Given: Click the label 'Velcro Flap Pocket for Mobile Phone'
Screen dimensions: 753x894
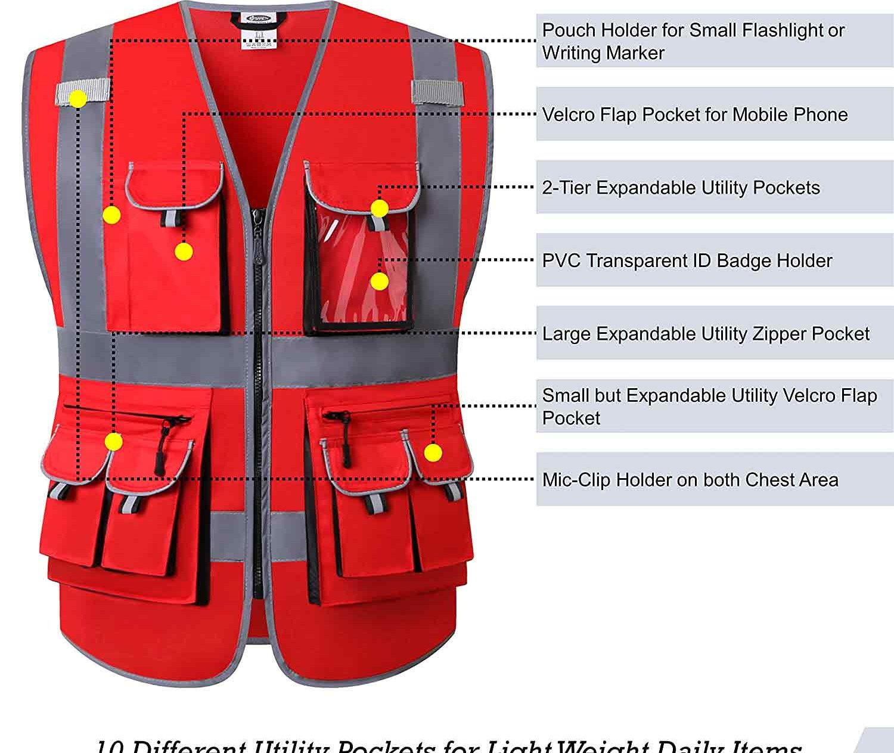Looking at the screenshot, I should [x=694, y=114].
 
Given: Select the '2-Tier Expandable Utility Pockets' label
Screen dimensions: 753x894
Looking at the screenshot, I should [x=681, y=188].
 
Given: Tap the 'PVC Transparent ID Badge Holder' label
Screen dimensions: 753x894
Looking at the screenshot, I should [x=687, y=261].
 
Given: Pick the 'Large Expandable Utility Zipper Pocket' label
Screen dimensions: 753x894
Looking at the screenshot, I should [x=706, y=334].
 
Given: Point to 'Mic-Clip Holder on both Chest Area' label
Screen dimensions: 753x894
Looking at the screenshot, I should [x=690, y=480].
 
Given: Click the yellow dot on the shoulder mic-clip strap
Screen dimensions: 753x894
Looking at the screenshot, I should [x=77, y=99].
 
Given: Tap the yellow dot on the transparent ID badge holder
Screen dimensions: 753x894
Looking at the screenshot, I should [x=379, y=281].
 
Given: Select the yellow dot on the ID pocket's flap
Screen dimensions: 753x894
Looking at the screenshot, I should [x=380, y=209].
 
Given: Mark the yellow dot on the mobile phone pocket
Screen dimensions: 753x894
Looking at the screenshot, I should [x=184, y=252].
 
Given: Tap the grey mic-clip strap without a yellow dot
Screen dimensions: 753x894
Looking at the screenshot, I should [x=437, y=92].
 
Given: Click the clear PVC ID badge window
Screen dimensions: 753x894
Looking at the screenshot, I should [x=358, y=280].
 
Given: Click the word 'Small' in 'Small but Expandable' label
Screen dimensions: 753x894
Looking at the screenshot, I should [x=563, y=396].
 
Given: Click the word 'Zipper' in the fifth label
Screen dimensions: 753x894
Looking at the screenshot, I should [x=778, y=334].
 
